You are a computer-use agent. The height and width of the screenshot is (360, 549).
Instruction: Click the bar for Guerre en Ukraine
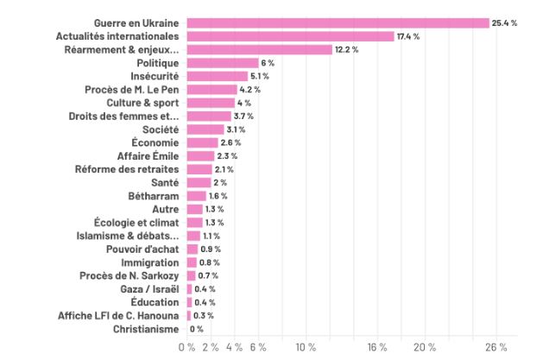[338, 22]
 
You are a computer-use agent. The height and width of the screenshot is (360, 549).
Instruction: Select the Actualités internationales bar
[290, 36]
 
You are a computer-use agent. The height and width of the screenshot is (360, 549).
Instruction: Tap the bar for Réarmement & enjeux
[259, 49]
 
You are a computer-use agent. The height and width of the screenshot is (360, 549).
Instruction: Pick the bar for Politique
[222, 63]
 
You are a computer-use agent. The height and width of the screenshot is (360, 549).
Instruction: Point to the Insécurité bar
[217, 76]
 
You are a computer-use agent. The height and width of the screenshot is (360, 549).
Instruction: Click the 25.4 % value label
[504, 22]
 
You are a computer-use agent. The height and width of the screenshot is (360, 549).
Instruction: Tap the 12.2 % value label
[347, 49]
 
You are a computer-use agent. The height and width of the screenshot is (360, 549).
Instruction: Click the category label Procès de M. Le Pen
[131, 89]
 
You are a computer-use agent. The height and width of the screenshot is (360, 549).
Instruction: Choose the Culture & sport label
[143, 103]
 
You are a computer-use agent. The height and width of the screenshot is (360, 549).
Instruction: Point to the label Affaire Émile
[148, 156]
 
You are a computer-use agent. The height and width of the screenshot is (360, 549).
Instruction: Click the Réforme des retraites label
[127, 169]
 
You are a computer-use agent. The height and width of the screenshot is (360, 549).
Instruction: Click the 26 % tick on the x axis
[495, 347]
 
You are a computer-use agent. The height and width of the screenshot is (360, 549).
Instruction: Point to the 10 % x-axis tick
[305, 347]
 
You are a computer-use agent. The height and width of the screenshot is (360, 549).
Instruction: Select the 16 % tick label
[376, 347]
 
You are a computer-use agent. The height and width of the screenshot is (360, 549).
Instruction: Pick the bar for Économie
[202, 142]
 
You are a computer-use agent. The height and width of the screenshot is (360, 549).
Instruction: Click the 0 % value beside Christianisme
[197, 329]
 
